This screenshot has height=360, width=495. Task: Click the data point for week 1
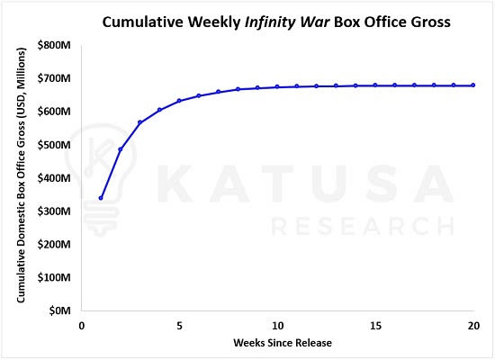(x=101, y=198)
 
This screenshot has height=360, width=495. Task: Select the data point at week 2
(x=121, y=149)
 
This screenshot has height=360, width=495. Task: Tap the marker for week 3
(x=139, y=122)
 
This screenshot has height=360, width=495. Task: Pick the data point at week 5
(x=179, y=101)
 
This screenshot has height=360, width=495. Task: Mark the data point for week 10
(x=277, y=86)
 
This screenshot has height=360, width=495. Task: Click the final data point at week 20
(x=472, y=85)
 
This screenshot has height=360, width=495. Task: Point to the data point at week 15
(x=375, y=85)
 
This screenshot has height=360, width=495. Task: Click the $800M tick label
(x=54, y=45)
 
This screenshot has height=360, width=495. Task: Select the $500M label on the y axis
(x=54, y=145)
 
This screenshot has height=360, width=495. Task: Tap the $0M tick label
(x=60, y=310)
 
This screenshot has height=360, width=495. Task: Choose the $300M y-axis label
(x=54, y=211)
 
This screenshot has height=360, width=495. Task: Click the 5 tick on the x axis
(x=179, y=326)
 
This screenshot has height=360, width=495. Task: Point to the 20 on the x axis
(x=473, y=326)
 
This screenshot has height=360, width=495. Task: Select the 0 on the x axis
(x=81, y=326)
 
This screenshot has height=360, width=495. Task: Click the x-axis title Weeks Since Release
(x=283, y=343)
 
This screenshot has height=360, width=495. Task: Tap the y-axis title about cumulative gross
(x=21, y=175)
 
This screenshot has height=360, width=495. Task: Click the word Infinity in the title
(x=270, y=22)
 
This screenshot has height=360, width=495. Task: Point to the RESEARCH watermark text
(x=363, y=226)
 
